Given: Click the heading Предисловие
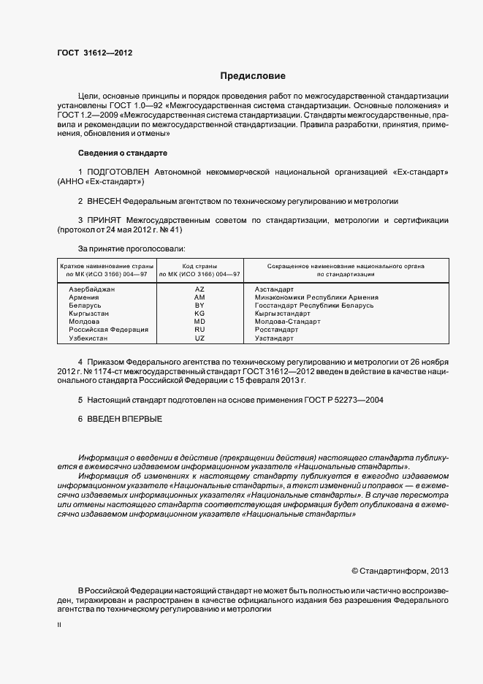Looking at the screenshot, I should click(x=253, y=76).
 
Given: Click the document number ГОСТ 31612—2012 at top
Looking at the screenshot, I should click(x=94, y=53).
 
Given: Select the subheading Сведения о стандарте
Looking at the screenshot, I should click(x=122, y=153).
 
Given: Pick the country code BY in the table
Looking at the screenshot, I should click(x=199, y=305).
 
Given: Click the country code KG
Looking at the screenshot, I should click(x=199, y=313).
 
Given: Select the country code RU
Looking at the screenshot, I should click(x=199, y=330).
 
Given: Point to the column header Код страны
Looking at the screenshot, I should click(x=199, y=265).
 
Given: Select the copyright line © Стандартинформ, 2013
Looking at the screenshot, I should click(x=400, y=571).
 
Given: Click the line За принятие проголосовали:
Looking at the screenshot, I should click(x=132, y=248).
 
